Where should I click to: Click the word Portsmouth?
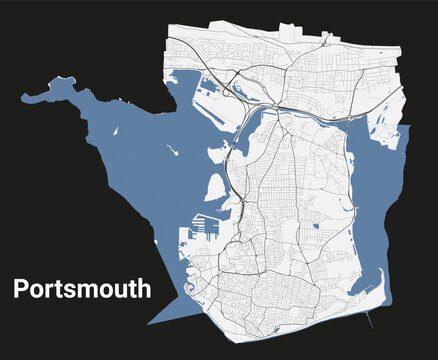82,290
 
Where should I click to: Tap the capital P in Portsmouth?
20,290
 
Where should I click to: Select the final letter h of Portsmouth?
145,289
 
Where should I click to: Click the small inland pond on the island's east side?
317,222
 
